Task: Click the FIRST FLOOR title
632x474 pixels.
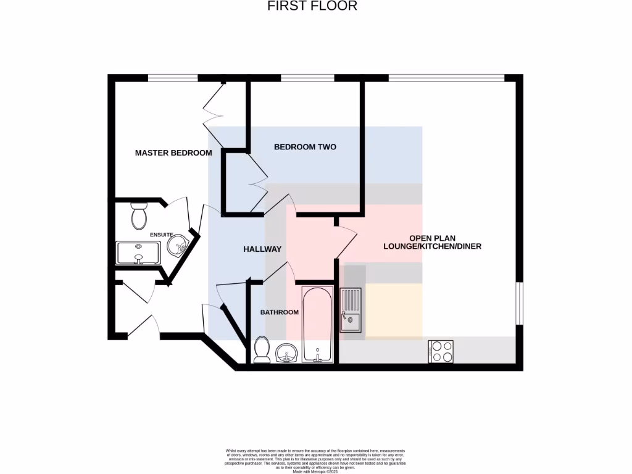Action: click(312, 6)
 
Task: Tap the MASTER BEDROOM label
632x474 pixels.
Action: click(173, 152)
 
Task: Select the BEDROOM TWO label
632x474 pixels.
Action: click(305, 147)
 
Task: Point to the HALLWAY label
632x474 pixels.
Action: click(262, 249)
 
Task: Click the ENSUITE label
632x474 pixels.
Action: click(161, 235)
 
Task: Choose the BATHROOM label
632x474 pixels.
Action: click(279, 312)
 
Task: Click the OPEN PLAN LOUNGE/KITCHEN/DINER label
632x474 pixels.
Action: click(432, 242)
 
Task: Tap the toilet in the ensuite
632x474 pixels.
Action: click(138, 216)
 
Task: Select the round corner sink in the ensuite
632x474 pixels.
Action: click(178, 246)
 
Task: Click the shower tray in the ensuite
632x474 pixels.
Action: click(138, 253)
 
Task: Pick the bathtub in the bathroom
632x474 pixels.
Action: click(317, 325)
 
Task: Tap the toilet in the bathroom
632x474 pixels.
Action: click(261, 350)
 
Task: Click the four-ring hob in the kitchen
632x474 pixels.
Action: click(440, 352)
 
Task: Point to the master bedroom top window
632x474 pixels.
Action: click(172, 78)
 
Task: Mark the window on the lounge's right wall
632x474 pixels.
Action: click(520, 303)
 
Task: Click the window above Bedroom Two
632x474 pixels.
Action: click(307, 78)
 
